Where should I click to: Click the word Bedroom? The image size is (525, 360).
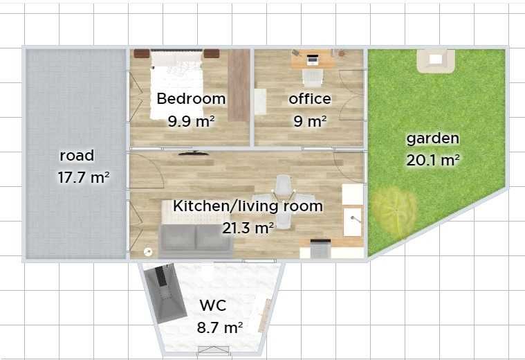point(191,98)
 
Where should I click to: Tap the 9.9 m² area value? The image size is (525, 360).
point(191,121)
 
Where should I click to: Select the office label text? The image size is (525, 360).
point(309,98)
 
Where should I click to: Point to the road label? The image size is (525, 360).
point(76,155)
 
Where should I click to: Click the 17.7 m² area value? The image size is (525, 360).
point(84,177)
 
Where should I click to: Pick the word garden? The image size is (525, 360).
point(432,138)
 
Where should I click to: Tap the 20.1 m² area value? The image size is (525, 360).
point(434,161)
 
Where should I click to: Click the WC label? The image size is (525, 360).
point(212,305)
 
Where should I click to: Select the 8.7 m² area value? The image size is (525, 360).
point(219,327)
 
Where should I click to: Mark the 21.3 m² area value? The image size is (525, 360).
point(247,226)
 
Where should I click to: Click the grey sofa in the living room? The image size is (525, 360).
point(187,237)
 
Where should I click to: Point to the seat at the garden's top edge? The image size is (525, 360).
point(436,60)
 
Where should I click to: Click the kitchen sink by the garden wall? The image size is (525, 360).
point(354,222)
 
